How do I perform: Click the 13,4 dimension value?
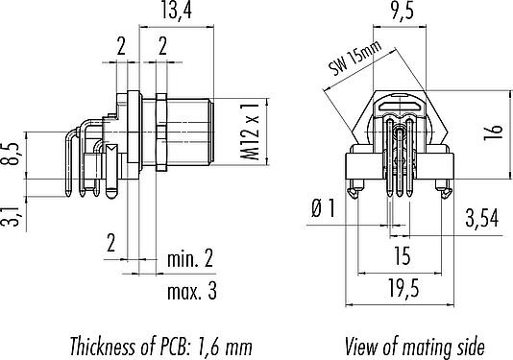pyautogui.click(x=177, y=11)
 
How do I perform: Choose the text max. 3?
pyautogui.click(x=192, y=291)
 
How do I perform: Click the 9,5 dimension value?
pyautogui.click(x=403, y=11)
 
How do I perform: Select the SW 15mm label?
pyautogui.click(x=355, y=59)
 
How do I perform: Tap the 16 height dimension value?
pyautogui.click(x=494, y=132)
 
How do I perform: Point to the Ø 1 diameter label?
pyautogui.click(x=323, y=208)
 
